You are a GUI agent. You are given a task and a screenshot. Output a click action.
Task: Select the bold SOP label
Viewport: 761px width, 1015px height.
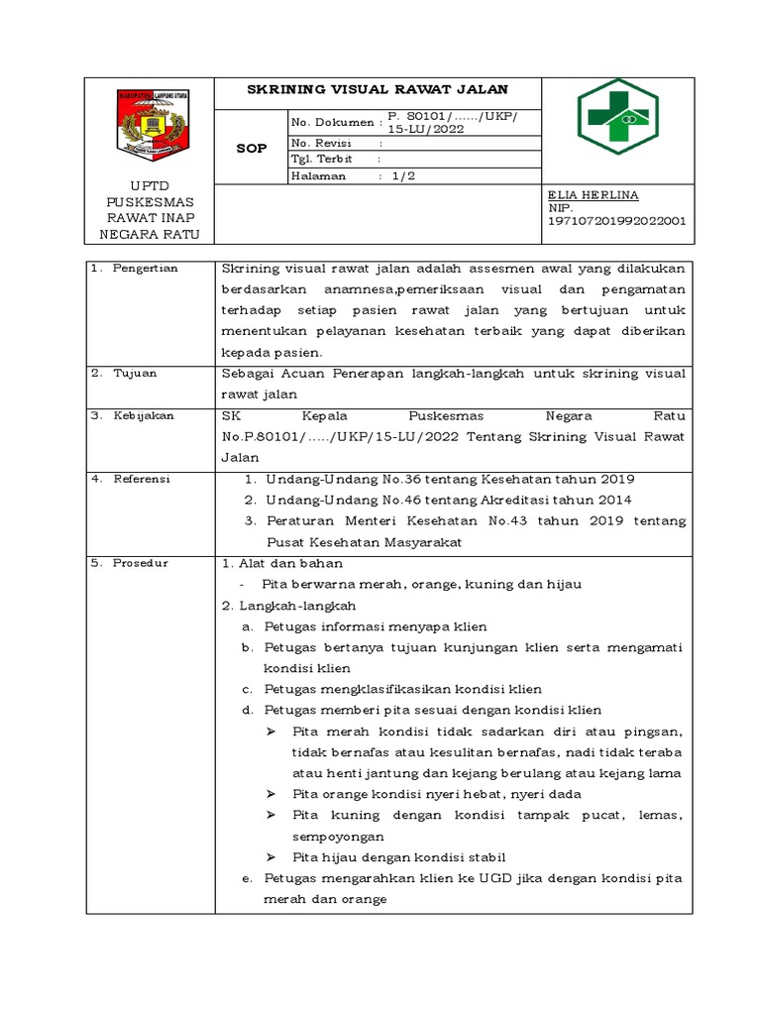pos(250,148)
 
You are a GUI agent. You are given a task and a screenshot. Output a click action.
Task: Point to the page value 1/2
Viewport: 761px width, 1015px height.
pos(404,175)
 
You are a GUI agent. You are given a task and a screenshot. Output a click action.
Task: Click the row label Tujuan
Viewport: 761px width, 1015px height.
pos(135,374)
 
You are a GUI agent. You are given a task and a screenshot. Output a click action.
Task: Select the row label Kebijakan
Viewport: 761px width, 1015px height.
pos(143,415)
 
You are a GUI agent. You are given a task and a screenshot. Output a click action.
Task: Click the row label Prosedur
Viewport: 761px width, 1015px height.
pos(141,563)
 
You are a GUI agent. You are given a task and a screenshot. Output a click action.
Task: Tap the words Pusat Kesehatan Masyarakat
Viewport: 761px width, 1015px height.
pos(364,542)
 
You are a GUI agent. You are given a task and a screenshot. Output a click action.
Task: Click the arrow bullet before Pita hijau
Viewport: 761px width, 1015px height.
pos(272,857)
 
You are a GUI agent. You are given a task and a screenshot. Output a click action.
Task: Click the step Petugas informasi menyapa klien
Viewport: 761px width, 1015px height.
pos(376,626)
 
